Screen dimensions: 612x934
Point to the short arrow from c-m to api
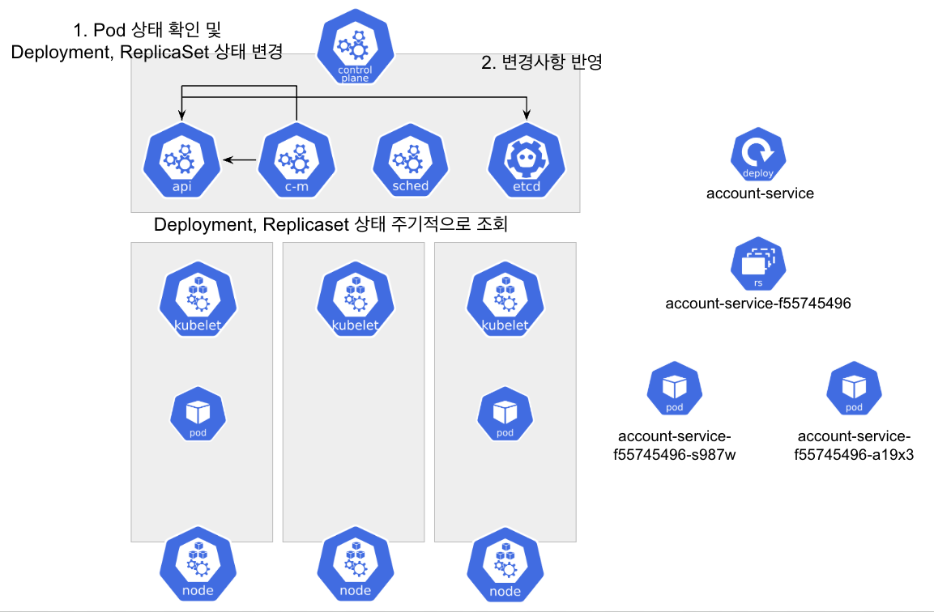[x=241, y=160]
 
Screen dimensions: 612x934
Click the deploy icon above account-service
[x=758, y=155]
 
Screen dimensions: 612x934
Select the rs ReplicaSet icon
[x=758, y=265]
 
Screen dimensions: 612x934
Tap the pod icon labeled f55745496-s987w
[x=675, y=390]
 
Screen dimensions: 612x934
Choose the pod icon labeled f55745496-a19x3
[x=854, y=390]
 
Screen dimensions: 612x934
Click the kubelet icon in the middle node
[x=356, y=300]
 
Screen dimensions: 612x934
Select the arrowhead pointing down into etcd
[x=527, y=113]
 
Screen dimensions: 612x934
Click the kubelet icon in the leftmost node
[x=198, y=300]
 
